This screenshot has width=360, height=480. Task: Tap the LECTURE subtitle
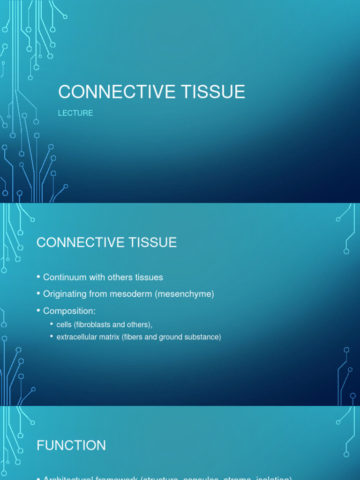coord(75,113)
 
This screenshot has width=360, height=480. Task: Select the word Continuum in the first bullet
coord(65,277)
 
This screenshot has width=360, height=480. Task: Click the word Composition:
coord(69,311)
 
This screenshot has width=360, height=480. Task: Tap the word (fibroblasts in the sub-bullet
coord(94,324)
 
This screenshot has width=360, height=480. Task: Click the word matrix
coord(109,337)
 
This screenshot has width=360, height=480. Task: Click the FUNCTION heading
coord(71,445)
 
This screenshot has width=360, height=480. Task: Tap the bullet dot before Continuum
coord(39,277)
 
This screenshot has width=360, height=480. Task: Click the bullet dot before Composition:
coord(39,311)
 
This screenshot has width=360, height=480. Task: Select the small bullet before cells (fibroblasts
coord(52,324)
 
